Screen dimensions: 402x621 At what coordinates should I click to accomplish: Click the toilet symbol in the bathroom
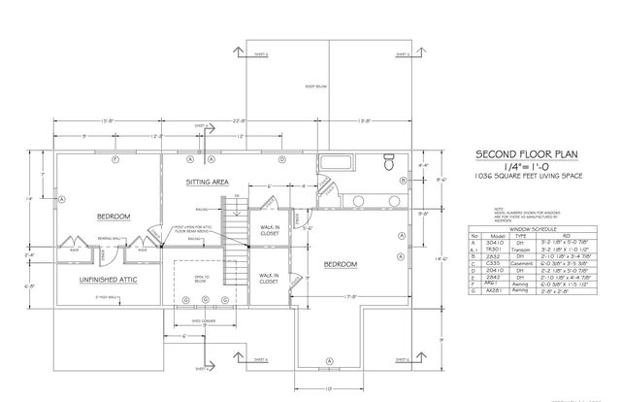[x=388, y=161]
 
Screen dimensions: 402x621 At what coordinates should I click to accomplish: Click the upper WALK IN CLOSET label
[x=269, y=230]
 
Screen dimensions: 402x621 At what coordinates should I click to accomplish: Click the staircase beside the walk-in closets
[x=239, y=243]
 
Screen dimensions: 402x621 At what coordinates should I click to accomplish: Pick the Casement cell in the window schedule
[x=525, y=261]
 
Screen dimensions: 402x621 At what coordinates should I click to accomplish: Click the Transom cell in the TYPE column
[x=525, y=248]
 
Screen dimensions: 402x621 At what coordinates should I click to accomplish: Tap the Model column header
[x=498, y=235]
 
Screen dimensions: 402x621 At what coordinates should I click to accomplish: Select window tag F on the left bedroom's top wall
[x=114, y=158]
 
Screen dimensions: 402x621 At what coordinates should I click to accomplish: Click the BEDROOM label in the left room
[x=114, y=216]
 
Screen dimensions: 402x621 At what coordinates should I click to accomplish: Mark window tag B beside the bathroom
[x=403, y=181]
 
